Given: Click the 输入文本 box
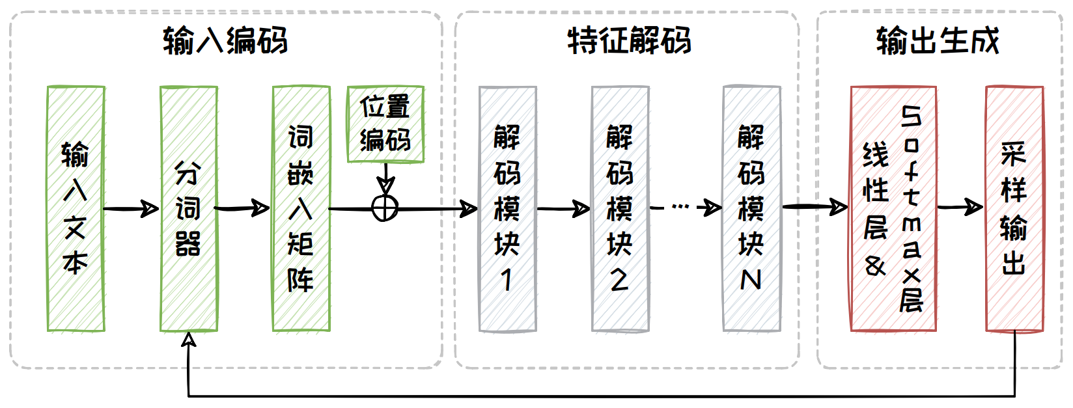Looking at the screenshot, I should (76, 208).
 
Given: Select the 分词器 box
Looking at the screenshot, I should (189, 208).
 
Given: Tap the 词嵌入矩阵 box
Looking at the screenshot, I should (301, 208).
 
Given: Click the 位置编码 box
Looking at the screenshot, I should (385, 124).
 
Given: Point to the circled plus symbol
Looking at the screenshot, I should (385, 208).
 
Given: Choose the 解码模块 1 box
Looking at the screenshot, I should (507, 208).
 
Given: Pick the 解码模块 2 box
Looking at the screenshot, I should (620, 208).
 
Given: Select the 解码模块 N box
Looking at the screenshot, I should (751, 208).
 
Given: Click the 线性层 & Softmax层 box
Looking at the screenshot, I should (893, 208).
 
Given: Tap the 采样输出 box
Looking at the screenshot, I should (1014, 208).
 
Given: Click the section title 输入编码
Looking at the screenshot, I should (225, 40).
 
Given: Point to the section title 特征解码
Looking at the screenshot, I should (629, 40).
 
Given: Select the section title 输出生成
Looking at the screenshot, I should (938, 40).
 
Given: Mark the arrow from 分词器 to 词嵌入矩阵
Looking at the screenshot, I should (242, 209).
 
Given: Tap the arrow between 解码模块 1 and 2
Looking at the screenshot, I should (564, 209).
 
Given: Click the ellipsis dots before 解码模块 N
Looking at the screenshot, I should (680, 207).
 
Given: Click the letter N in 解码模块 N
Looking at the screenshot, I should (751, 280).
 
